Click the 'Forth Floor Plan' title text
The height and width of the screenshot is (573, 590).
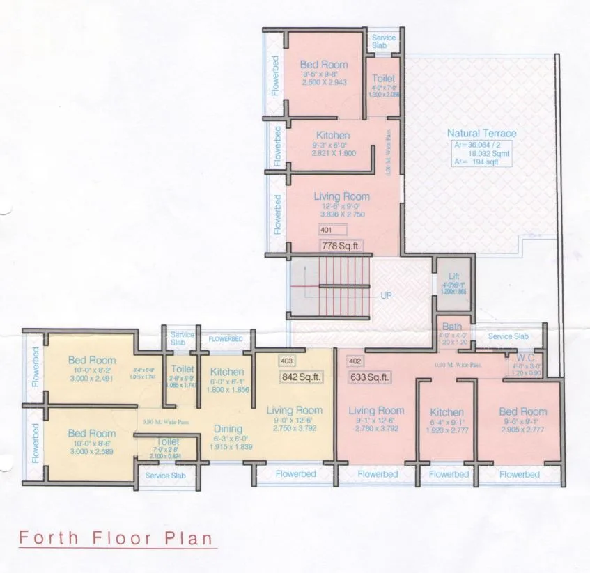[x=114, y=538]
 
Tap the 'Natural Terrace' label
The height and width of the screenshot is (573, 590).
[x=481, y=133]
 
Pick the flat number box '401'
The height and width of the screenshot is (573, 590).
[x=326, y=229]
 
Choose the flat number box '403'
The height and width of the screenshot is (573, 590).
[x=286, y=361]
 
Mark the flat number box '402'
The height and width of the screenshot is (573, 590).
[x=355, y=361]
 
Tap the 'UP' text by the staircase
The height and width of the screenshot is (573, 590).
[x=386, y=295]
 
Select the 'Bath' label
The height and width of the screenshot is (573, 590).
[x=451, y=327]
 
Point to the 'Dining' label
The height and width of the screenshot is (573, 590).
[x=228, y=429]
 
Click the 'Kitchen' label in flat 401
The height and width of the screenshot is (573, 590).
[x=333, y=135]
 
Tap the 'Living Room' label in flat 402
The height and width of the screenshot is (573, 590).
[x=376, y=411]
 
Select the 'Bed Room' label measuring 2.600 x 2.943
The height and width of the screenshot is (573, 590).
[x=324, y=65]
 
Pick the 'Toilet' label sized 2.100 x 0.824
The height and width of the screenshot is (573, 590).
[x=168, y=441]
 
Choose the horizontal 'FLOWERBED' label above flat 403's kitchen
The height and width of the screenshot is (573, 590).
[x=226, y=338]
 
